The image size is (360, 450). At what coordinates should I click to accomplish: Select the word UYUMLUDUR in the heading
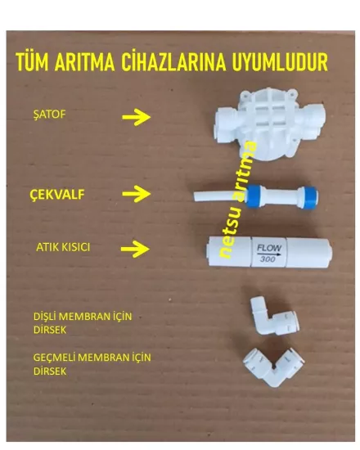click(x=269, y=63)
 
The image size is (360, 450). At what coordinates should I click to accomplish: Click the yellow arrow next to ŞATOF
click(x=141, y=117)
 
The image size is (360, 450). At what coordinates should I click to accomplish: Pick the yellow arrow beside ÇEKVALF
click(x=136, y=194)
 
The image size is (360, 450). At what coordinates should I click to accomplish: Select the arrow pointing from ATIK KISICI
click(x=136, y=247)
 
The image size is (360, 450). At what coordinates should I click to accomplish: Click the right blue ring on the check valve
click(x=309, y=197)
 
